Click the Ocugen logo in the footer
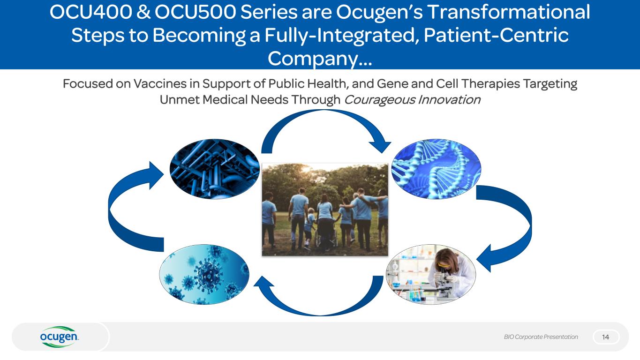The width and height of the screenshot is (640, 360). click(x=60, y=337)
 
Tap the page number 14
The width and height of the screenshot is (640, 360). click(x=606, y=337)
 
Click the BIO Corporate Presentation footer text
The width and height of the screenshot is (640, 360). click(x=541, y=337)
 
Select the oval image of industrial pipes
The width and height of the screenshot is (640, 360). click(x=214, y=169)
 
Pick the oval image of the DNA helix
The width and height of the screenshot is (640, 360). click(x=436, y=168)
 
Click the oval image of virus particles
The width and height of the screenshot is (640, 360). click(x=204, y=274)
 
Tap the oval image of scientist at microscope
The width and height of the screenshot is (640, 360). click(x=430, y=274)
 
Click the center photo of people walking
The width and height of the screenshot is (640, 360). click(x=324, y=209)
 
